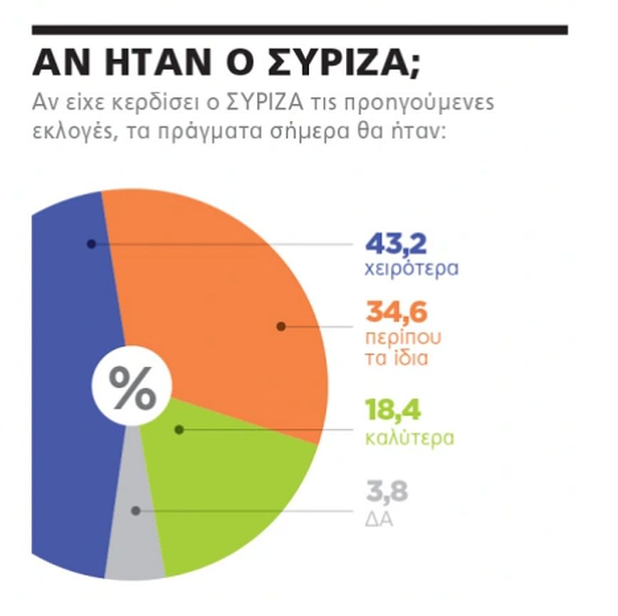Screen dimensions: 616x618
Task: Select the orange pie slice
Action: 228,299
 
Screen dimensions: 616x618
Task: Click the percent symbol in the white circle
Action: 132,390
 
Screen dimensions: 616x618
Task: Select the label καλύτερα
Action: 409,436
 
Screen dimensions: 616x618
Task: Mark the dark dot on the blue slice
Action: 91,244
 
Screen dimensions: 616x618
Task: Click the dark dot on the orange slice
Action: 281,326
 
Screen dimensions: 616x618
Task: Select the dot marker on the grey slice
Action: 135,511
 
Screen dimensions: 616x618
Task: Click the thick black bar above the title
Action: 300,31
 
